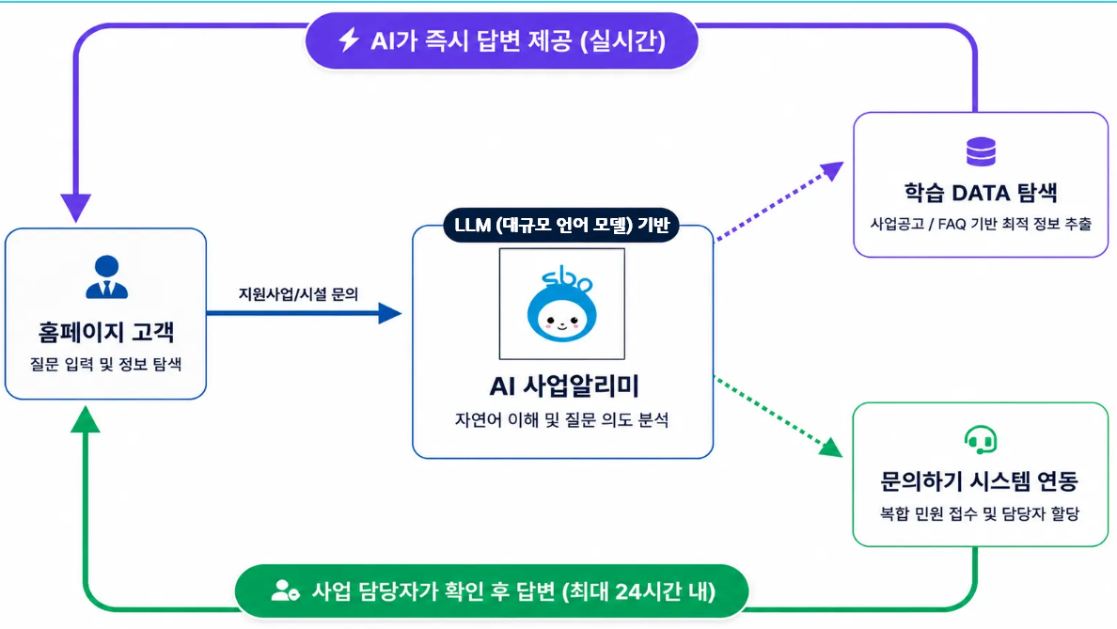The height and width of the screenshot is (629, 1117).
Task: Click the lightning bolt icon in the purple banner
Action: [348, 39]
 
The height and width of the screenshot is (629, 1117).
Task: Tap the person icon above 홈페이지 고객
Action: [107, 276]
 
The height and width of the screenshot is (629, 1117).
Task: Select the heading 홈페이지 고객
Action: [106, 332]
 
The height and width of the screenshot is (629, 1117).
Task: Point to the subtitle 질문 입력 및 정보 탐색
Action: [105, 364]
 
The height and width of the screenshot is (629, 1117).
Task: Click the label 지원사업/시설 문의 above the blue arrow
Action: [298, 294]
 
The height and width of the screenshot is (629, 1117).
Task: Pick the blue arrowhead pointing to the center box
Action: [389, 313]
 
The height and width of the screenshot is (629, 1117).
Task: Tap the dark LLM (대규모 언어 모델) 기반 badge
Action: [561, 225]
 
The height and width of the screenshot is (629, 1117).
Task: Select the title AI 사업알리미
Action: [563, 386]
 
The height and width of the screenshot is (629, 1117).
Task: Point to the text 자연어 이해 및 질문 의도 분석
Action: [562, 419]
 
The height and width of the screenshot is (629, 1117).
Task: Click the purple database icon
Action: [981, 151]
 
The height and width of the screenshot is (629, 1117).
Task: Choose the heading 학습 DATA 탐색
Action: [981, 193]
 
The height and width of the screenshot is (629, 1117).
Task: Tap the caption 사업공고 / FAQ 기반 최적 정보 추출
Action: [981, 224]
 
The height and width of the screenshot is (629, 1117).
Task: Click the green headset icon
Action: [981, 439]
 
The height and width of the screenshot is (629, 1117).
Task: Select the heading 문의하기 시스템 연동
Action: [980, 481]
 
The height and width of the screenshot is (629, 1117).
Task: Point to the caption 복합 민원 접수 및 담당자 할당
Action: [980, 513]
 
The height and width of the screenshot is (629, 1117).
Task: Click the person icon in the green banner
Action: [285, 590]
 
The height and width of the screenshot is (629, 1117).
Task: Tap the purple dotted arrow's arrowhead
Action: [832, 171]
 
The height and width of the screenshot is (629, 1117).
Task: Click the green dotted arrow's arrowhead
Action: [830, 447]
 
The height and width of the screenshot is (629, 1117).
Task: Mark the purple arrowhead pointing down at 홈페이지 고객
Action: [75, 207]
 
